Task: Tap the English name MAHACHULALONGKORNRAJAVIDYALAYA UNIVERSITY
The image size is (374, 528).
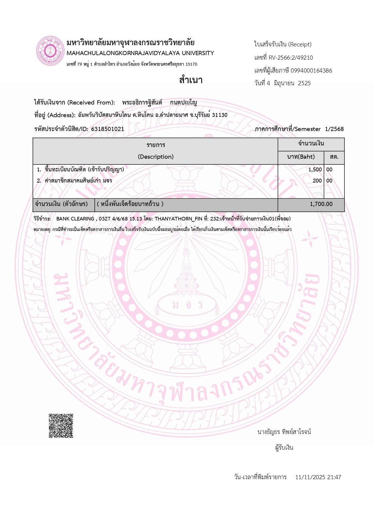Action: [x=140, y=53]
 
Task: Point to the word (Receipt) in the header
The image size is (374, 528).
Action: [x=300, y=44]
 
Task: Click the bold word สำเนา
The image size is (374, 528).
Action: [x=191, y=80]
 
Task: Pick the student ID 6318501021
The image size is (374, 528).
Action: [x=107, y=129]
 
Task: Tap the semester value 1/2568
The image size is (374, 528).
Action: [x=334, y=129]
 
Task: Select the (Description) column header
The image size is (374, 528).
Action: [x=156, y=157]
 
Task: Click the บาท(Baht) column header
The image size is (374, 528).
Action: [x=301, y=157]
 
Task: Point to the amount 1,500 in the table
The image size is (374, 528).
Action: [x=315, y=170]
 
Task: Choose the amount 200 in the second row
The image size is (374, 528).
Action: [x=317, y=181]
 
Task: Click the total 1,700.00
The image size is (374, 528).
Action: [x=321, y=204]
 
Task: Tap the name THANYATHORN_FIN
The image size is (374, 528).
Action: [x=178, y=219]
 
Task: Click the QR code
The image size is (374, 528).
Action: [x=61, y=426]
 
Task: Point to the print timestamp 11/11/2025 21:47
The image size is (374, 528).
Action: [x=318, y=477]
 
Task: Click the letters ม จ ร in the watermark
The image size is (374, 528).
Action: [x=187, y=305]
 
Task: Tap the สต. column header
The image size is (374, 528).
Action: [x=334, y=157]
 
